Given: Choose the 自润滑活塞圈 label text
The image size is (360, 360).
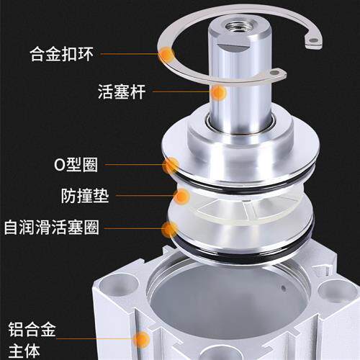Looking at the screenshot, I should click(62, 228).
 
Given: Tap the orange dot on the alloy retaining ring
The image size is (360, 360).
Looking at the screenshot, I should click(168, 53).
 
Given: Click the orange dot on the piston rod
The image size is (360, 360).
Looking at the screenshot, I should click(219, 92).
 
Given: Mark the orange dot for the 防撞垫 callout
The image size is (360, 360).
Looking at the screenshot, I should click(182, 196).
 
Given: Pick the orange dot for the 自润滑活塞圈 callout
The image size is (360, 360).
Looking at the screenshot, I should click(170, 229).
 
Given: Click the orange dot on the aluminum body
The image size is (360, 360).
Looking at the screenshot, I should click(142, 340).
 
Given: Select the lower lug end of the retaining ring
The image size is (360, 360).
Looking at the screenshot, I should click(277, 75).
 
